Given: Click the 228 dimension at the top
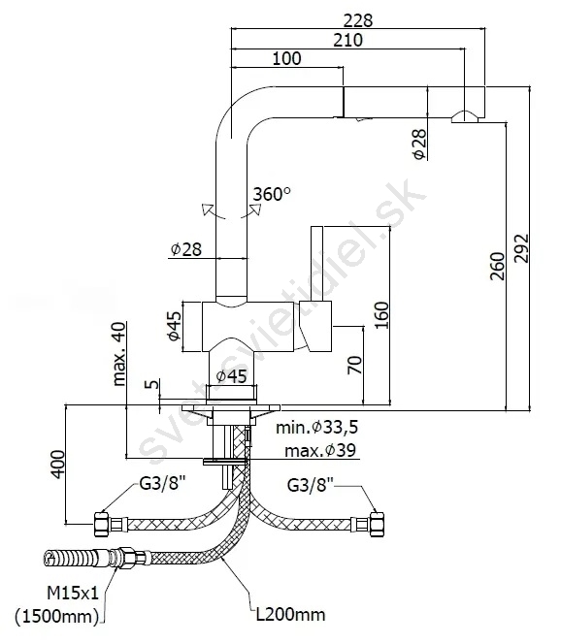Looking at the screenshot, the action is click(x=358, y=20).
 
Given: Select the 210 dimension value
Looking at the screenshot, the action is click(x=347, y=41).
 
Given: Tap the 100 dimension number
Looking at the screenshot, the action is click(x=286, y=58).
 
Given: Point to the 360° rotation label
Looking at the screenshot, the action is click(x=272, y=194).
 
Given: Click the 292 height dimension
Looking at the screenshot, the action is click(x=521, y=248).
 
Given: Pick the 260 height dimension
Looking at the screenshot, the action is click(x=497, y=266).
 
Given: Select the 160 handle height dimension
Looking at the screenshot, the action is click(x=381, y=315).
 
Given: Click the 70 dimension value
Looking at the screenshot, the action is click(x=355, y=365).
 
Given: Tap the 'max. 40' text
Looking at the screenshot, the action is click(x=118, y=354).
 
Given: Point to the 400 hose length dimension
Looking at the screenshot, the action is click(x=58, y=465).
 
